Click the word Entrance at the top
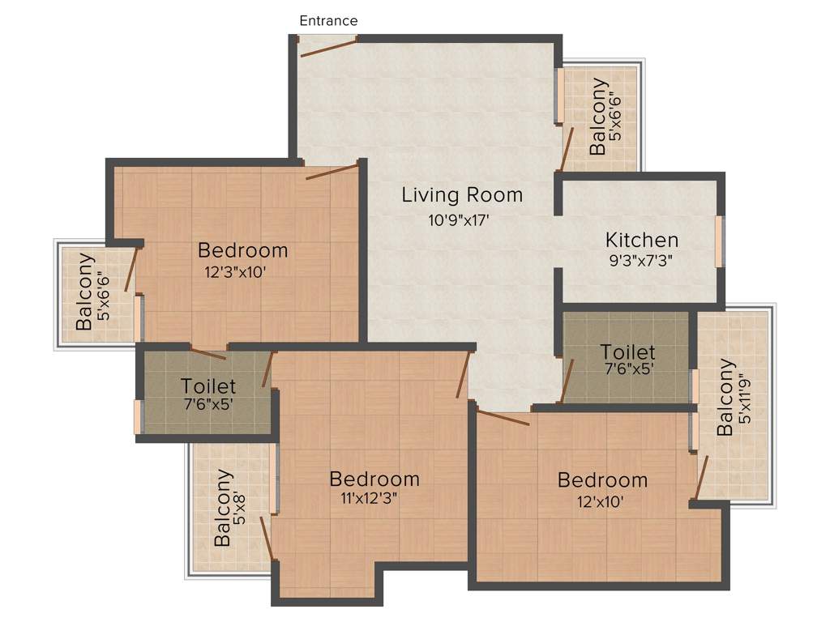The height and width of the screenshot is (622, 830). pos(328,21)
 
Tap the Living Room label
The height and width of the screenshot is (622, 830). pos(462,195)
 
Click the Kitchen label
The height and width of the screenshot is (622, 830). pos(642,241)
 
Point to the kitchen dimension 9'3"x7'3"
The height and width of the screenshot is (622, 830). pos(640,261)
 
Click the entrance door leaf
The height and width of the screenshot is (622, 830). pos(328,46)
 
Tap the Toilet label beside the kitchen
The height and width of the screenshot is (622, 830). pos(627,352)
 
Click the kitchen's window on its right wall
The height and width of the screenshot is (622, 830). pos(719,241)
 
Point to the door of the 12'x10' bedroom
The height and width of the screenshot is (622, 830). pos(503,418)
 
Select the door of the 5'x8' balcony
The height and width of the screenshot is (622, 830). pos(265,538)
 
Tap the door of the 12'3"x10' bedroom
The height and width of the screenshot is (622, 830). pos(332,172)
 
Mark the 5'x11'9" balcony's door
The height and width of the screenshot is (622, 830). pos(702,478)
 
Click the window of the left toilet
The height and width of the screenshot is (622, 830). pos(138,416)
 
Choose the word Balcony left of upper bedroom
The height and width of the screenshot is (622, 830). pos(84,292)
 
